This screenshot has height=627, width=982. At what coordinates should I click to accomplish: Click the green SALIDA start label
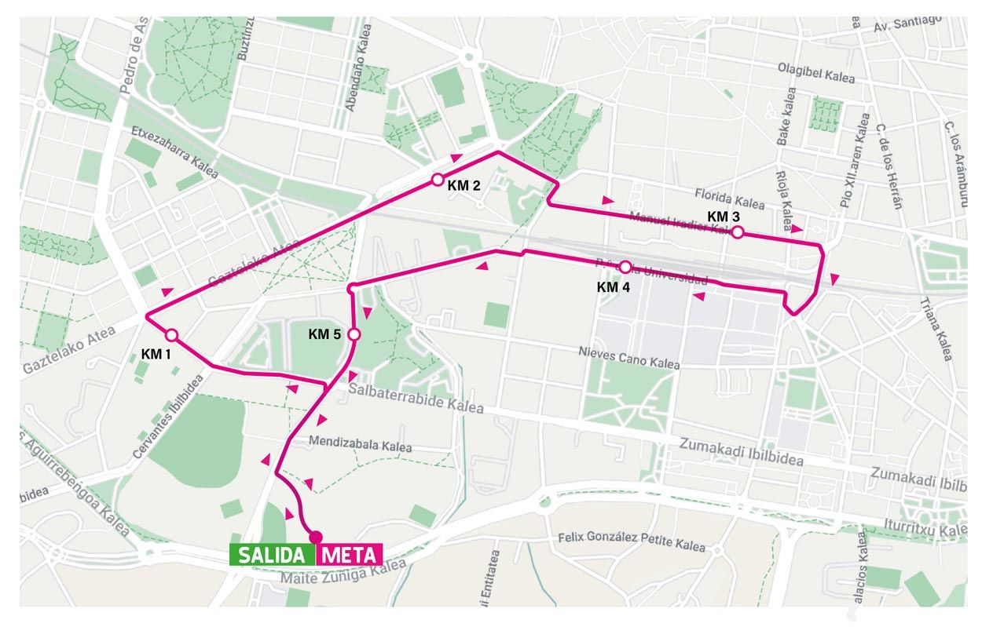(x=272, y=555)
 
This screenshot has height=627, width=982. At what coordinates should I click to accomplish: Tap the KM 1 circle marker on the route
(x=171, y=336)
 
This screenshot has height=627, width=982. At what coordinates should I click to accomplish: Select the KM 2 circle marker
(x=438, y=180)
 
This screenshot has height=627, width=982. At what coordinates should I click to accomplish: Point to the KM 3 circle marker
(x=738, y=231)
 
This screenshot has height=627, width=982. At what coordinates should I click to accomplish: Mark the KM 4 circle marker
(x=625, y=267)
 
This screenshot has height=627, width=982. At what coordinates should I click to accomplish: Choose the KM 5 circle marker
(x=354, y=334)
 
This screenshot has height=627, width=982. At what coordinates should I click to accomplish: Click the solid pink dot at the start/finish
(x=316, y=537)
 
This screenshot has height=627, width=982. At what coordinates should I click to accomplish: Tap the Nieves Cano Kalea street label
(x=628, y=357)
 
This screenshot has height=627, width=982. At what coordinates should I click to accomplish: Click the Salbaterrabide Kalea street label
(x=416, y=399)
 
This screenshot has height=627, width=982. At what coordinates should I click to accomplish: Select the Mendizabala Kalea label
(x=361, y=443)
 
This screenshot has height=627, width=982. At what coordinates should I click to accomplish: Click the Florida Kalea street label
(x=729, y=197)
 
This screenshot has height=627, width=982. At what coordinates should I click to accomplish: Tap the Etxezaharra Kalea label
(x=174, y=151)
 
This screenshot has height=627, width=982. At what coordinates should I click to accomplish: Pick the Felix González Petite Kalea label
(x=632, y=541)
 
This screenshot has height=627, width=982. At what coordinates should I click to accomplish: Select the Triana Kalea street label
(x=938, y=330)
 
